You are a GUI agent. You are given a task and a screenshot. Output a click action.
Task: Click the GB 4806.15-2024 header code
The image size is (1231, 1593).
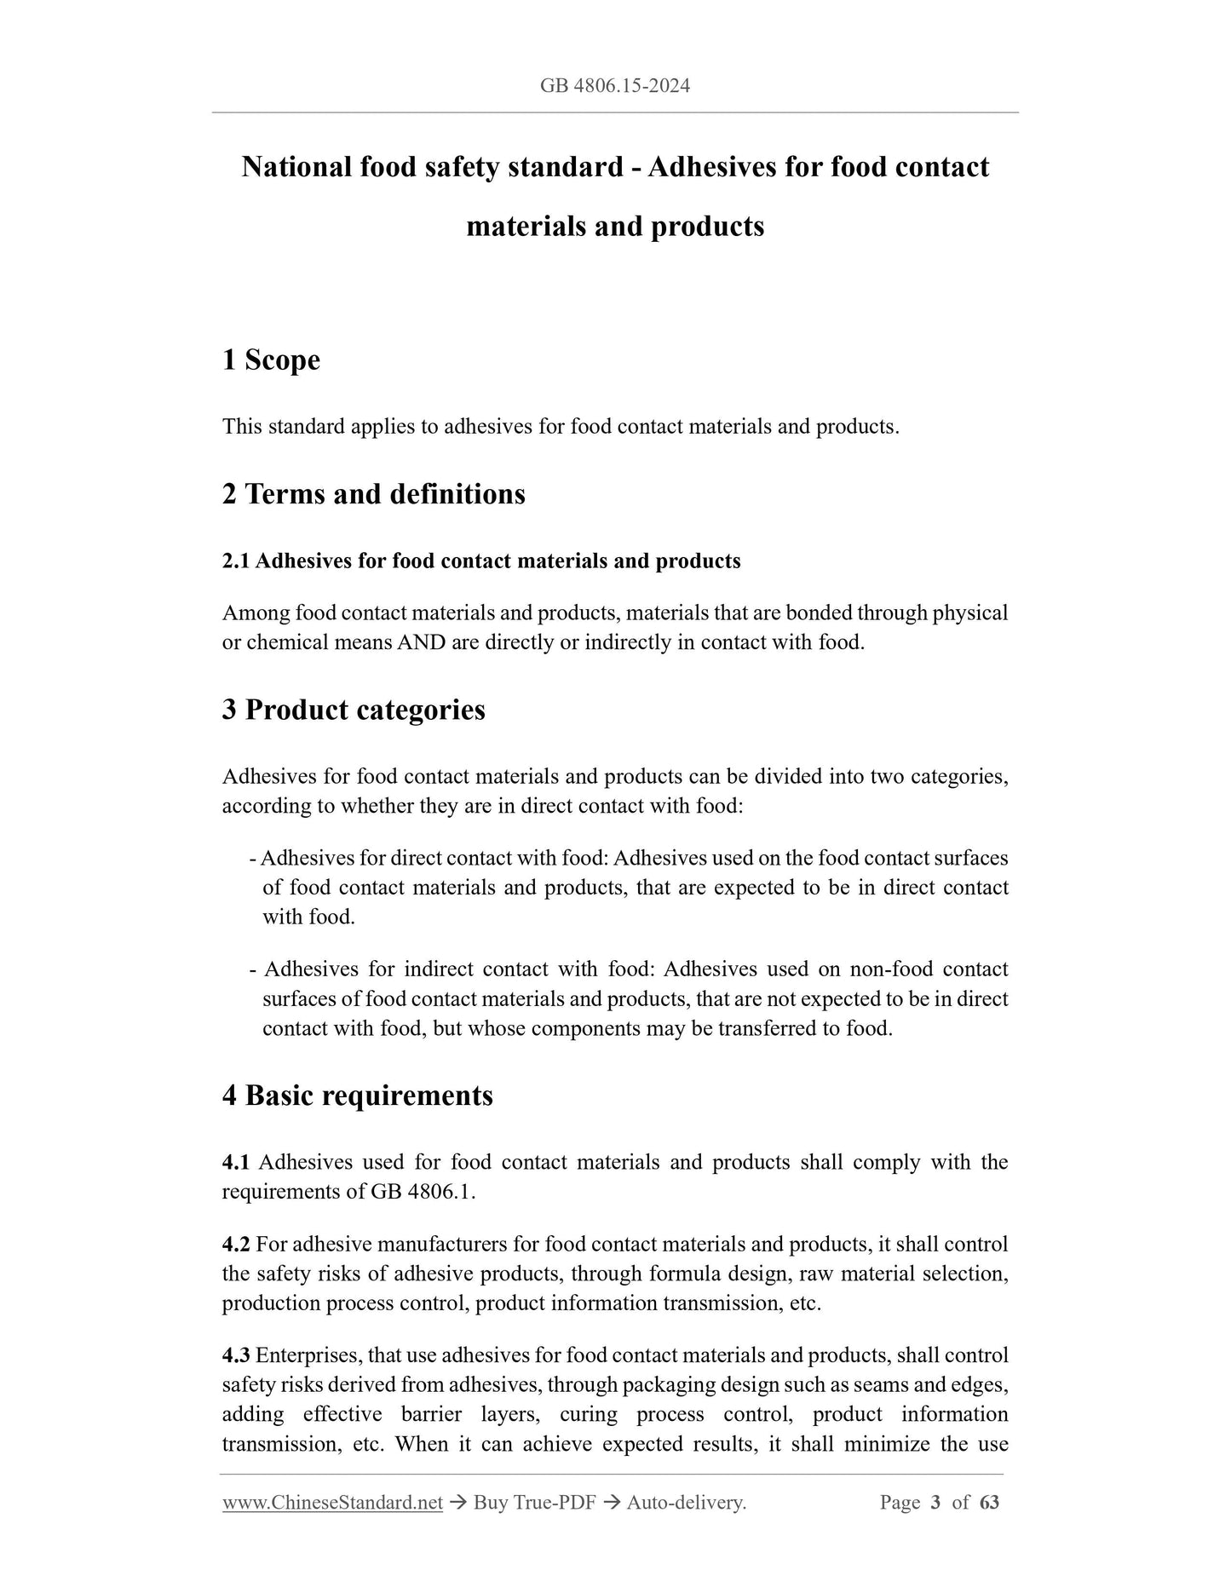tap(615, 85)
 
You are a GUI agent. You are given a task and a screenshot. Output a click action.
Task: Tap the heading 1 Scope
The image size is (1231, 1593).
tap(271, 359)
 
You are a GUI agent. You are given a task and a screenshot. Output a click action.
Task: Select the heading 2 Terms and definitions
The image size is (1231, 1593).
tap(373, 494)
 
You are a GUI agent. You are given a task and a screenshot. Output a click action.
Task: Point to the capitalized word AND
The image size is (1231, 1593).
tap(421, 642)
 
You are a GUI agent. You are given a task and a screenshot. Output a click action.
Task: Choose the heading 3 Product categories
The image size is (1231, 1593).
tap(354, 710)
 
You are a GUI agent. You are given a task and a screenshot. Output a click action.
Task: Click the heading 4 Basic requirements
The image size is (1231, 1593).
tap(357, 1095)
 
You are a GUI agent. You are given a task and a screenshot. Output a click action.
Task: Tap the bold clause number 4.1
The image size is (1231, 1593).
tap(235, 1162)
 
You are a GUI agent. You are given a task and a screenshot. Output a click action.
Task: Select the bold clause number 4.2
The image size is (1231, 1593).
tap(235, 1244)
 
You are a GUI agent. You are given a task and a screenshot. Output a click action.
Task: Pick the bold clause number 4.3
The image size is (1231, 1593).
tap(235, 1354)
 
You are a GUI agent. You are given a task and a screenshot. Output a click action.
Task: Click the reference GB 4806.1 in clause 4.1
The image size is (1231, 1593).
tap(422, 1191)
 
